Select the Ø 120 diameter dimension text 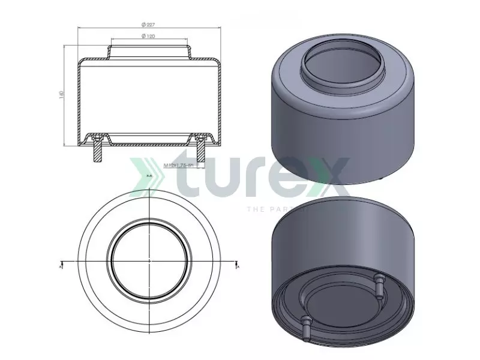[x=148, y=37]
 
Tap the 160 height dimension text [x=61, y=95]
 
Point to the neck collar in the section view [x=149, y=51]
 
